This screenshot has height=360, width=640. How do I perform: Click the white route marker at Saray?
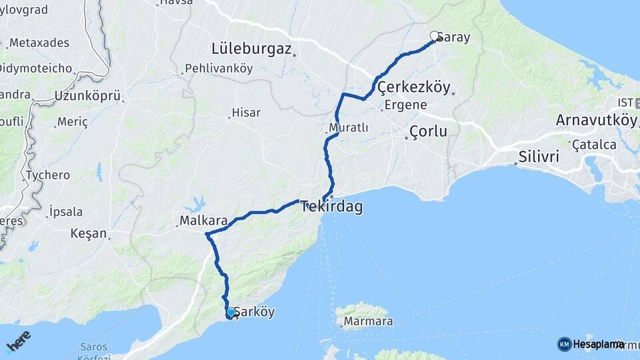click(434, 35)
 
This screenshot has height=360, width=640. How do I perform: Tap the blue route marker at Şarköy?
click(231, 312)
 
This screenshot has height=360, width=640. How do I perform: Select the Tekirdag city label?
click(332, 207)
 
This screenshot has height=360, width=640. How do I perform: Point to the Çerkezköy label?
click(414, 87)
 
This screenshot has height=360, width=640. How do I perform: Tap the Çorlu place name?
click(429, 131)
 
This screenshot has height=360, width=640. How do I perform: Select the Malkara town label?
click(203, 220)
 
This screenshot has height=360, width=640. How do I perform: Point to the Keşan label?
click(89, 233)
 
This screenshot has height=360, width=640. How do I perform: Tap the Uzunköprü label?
click(88, 95)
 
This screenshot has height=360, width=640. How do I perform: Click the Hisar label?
click(245, 113)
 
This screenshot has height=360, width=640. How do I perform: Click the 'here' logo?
click(18, 341)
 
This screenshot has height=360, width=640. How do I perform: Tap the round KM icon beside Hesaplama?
click(564, 344)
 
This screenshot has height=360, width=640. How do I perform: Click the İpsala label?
click(66, 212)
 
